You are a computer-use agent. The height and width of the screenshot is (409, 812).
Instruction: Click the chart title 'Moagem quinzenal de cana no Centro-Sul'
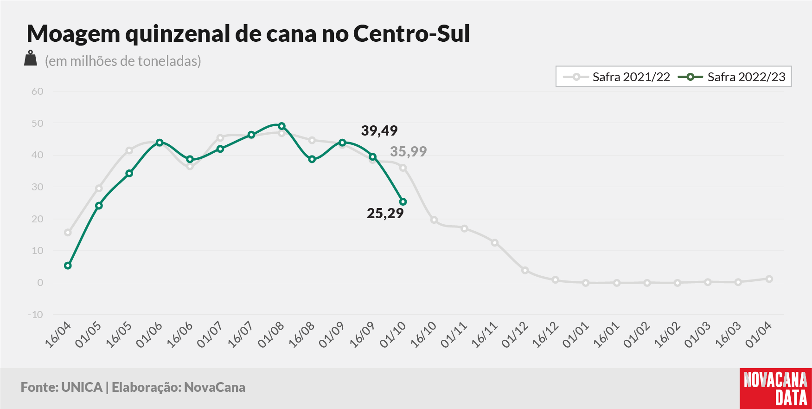click(x=248, y=33)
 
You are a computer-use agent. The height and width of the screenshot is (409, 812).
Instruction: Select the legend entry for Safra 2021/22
click(x=616, y=77)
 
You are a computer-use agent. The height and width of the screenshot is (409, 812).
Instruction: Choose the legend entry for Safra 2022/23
click(x=732, y=77)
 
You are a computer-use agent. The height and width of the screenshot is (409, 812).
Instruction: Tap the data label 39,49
click(x=379, y=131)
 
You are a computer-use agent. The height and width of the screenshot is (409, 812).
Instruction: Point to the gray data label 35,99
click(x=408, y=151)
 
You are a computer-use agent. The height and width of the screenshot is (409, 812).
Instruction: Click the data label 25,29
click(x=385, y=214)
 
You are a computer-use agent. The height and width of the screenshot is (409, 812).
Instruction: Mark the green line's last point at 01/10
click(x=403, y=202)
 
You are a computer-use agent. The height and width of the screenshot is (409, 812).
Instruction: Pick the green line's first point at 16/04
click(x=68, y=266)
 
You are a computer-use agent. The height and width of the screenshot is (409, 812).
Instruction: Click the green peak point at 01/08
click(x=281, y=126)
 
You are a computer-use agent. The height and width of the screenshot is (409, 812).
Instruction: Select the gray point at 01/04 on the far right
click(x=769, y=279)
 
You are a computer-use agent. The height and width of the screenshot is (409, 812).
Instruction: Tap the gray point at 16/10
click(x=434, y=220)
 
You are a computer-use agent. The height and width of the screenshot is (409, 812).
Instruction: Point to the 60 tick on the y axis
click(x=38, y=91)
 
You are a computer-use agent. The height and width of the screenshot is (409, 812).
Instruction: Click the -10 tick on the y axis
click(x=36, y=315)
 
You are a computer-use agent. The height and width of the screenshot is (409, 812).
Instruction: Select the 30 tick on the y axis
click(x=38, y=187)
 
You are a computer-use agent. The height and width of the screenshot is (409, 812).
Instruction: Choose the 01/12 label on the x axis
click(x=515, y=335)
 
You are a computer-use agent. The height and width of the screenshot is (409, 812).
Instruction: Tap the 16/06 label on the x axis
click(x=179, y=335)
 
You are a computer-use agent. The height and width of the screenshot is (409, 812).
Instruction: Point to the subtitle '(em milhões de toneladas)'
click(x=123, y=61)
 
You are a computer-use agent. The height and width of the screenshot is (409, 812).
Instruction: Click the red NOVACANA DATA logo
click(x=776, y=389)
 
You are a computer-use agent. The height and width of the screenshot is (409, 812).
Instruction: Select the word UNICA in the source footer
click(x=82, y=387)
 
